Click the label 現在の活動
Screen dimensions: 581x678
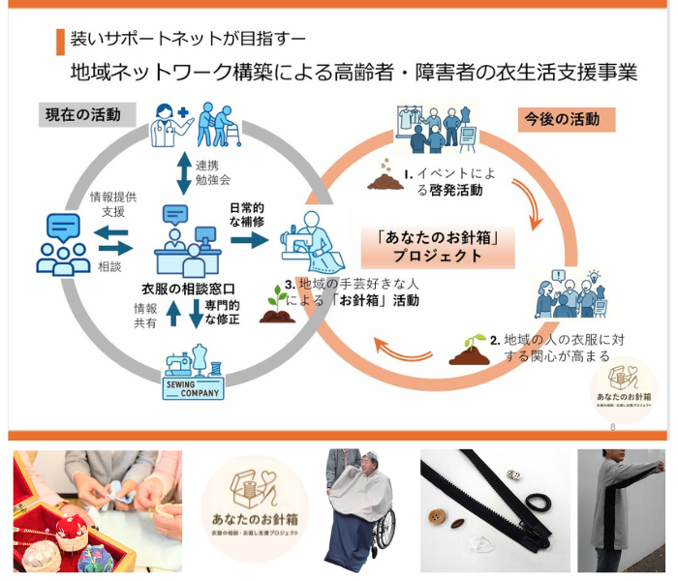[x=82, y=114]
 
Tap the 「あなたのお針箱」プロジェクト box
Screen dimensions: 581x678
[x=437, y=247]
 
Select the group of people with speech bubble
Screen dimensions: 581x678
[x=62, y=243]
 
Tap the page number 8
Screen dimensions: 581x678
[x=612, y=427]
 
